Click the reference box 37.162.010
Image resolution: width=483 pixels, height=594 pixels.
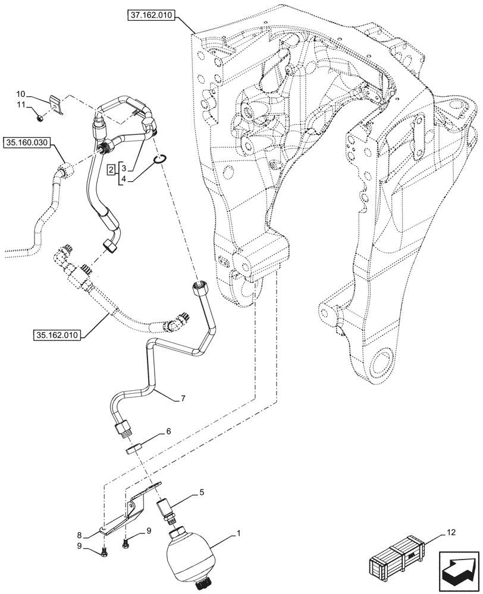pyautogui.click(x=150, y=16)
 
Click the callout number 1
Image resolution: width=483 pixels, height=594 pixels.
pyautogui.click(x=238, y=533)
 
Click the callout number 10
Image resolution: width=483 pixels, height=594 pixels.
pyautogui.click(x=20, y=94)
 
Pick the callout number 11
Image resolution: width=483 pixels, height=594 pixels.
pyautogui.click(x=20, y=105)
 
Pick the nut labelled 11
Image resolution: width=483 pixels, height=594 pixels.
pyautogui.click(x=39, y=118)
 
